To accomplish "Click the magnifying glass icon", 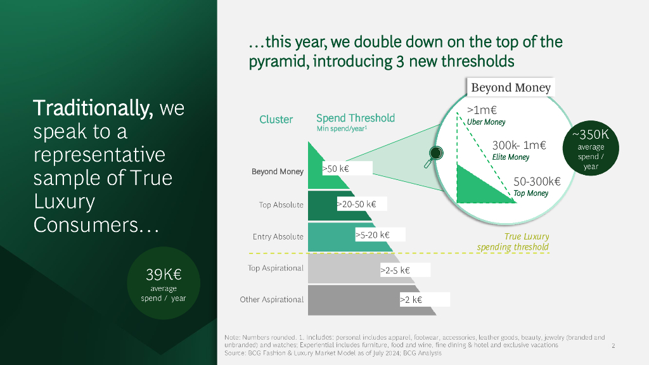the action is (434, 157).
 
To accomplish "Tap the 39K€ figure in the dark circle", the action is (164, 274).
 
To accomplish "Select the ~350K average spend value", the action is (591, 134).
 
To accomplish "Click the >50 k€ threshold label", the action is (336, 169).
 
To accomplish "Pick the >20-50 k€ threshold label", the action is (356, 204).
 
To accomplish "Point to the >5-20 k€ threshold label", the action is (373, 235).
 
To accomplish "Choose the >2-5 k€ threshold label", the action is (395, 270).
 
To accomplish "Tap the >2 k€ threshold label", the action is (411, 300).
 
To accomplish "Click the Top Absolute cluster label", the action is (281, 205).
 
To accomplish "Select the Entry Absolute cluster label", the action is (278, 237).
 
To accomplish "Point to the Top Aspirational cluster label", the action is (276, 268).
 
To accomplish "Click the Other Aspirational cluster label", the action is (272, 300).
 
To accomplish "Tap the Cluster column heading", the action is (276, 120).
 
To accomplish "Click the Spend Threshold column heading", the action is (356, 118).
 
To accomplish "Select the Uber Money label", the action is (486, 122).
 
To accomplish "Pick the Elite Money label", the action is (511, 157).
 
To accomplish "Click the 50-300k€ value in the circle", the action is (537, 182).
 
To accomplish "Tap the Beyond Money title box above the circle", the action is (511, 87).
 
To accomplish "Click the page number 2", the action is (614, 346).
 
